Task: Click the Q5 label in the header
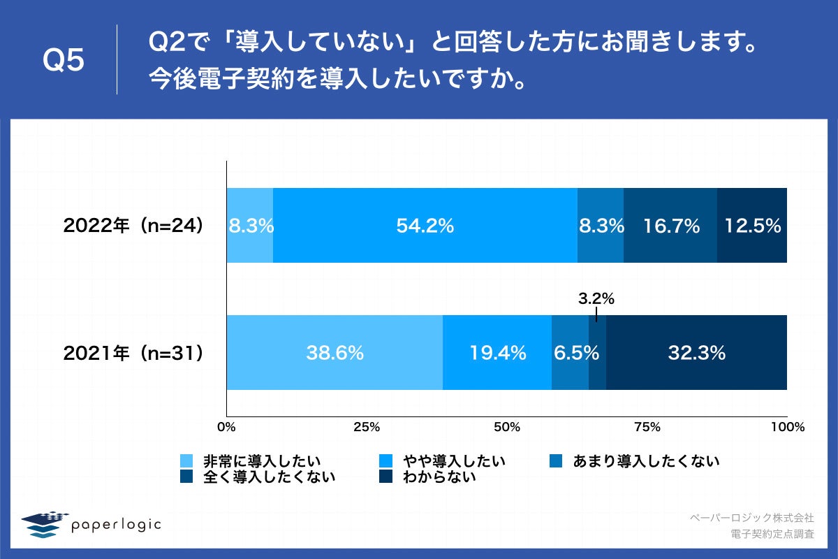click(64, 61)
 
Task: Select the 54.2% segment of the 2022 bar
click(425, 226)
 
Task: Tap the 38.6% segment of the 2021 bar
click(335, 353)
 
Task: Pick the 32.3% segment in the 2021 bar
click(696, 353)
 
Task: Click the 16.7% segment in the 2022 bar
click(670, 226)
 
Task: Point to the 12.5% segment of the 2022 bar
click(752, 226)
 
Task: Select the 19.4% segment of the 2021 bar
click(497, 353)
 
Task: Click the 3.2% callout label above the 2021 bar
click(596, 299)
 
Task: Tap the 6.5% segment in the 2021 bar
click(570, 353)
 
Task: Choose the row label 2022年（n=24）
click(133, 226)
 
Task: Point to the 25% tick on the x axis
click(366, 426)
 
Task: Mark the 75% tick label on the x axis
click(647, 426)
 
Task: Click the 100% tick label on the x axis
click(787, 426)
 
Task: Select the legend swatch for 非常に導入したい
click(186, 461)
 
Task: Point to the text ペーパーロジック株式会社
click(751, 518)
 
